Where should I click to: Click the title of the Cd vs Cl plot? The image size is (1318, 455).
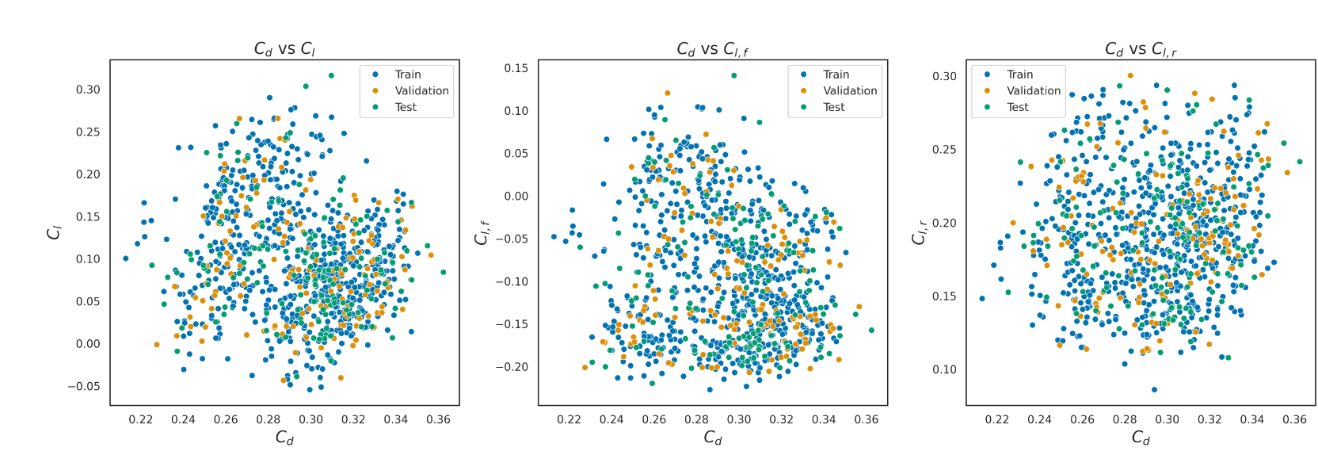point(284,49)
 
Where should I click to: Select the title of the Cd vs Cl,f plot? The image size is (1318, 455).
point(712,49)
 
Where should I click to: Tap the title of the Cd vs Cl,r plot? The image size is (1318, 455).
point(1141,49)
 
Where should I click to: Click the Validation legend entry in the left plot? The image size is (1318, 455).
point(421,91)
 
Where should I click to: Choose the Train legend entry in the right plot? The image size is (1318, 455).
point(1019,75)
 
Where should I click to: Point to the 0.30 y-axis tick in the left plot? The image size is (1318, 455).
point(88,90)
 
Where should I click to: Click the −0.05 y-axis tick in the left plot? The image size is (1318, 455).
point(84,387)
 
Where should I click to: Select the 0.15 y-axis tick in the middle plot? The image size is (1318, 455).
point(516,68)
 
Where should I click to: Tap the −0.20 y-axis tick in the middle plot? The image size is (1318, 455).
point(512,367)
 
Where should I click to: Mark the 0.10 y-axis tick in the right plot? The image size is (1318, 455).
point(944,369)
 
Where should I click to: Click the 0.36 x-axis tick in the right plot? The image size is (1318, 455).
point(1294,419)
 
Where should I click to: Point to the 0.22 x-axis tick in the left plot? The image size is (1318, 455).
point(141,419)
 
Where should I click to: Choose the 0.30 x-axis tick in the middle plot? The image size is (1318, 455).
point(739,419)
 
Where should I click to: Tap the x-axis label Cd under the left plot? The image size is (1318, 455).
point(284,438)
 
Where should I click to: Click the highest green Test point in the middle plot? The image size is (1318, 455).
point(733,76)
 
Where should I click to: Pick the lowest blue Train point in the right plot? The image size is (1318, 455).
point(1154,389)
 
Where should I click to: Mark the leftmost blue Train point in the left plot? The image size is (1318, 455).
point(125,258)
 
